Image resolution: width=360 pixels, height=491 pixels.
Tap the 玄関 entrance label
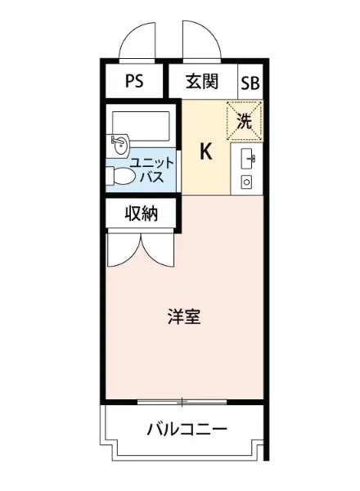point(201,81)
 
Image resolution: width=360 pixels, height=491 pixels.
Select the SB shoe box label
point(249,82)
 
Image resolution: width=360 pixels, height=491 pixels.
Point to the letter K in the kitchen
point(205,152)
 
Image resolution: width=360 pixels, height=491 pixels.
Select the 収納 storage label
point(141,214)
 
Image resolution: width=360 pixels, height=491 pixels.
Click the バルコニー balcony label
point(187,429)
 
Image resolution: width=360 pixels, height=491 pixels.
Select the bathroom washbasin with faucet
point(119,145)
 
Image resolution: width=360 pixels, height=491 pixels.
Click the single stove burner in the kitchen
point(246,181)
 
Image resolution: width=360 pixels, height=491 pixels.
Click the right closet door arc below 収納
point(160,250)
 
